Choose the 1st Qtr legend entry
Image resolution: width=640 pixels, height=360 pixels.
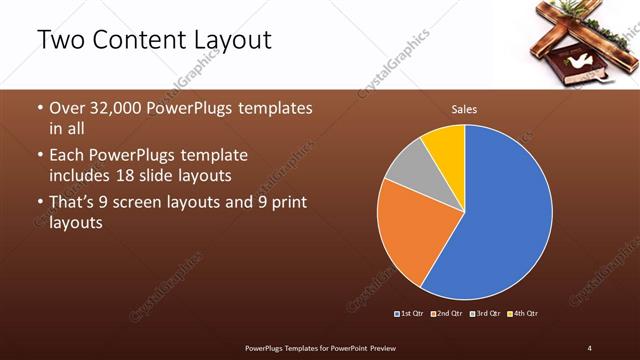pos(410,314)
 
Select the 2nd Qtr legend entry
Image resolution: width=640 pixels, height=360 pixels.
pos(447,314)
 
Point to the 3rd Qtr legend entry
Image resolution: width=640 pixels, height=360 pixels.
pos(485,314)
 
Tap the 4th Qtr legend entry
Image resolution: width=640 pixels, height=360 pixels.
pos(523,314)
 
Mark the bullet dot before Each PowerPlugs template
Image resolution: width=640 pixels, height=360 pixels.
pos(40,156)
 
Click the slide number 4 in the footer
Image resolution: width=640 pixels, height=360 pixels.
pos(590,347)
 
